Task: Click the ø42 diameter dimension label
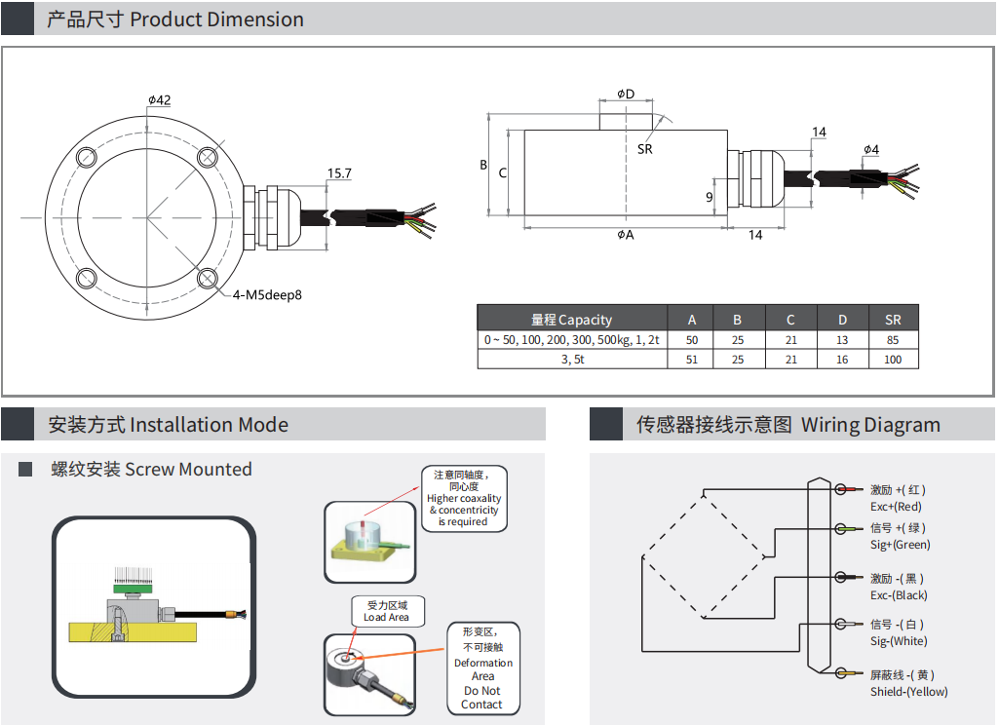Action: coord(160,100)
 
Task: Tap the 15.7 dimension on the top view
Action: coord(339,173)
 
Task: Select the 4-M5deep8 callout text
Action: coord(267,294)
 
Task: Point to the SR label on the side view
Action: coord(644,149)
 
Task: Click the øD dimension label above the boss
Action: coord(625,94)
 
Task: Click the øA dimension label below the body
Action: coord(625,235)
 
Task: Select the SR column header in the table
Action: coord(893,320)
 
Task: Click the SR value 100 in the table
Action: coord(893,359)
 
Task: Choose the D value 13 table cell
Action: coord(842,340)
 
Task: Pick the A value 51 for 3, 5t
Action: coord(692,359)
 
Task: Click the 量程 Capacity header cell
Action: coord(571,320)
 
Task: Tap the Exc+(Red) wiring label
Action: coord(896,507)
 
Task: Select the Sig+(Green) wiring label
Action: coord(900,545)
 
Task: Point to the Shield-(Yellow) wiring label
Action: coord(908,692)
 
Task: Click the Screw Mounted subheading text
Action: coord(151,470)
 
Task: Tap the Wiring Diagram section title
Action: coord(788,425)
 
